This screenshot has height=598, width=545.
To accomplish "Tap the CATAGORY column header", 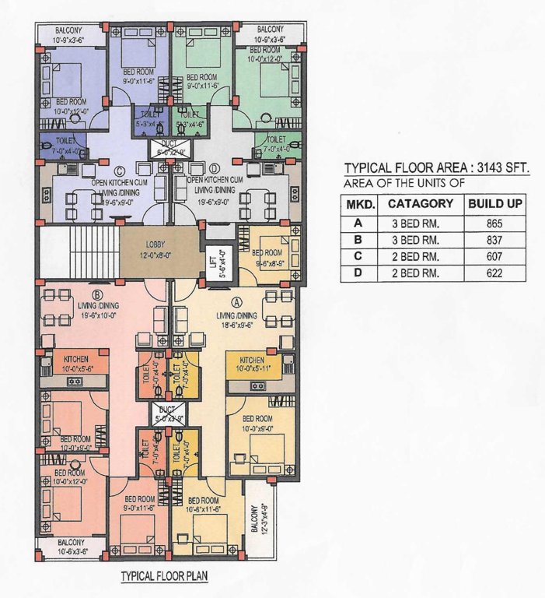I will [x=420, y=204].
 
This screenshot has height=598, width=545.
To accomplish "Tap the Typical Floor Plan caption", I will [x=162, y=577].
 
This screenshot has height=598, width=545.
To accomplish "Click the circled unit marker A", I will [x=237, y=299].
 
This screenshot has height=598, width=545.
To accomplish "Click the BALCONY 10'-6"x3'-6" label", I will [x=72, y=546].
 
